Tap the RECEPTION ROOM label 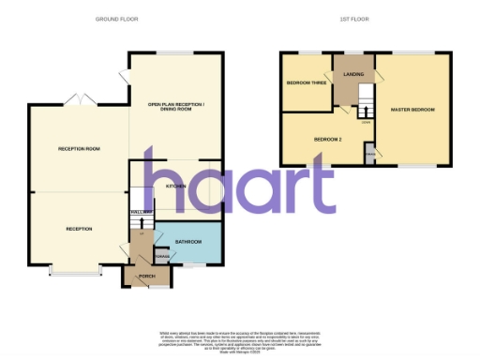pos(79,149)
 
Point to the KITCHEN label pos(175,187)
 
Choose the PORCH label pos(146,276)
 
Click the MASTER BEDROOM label pos(412,110)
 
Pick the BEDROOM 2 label pos(326,140)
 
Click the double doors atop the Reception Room pos(82,98)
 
